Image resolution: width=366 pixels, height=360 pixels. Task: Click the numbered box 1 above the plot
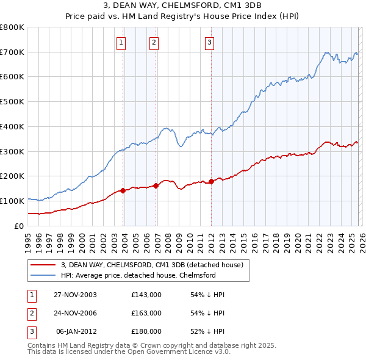pos(121,42)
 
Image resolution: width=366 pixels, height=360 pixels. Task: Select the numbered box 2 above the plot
pos(154,42)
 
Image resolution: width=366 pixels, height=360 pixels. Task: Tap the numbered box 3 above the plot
pos(209,42)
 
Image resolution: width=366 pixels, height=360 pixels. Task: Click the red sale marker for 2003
pos(123,190)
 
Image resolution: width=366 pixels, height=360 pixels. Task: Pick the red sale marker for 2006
pos(156,185)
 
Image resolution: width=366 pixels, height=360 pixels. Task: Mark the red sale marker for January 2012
pos(212,181)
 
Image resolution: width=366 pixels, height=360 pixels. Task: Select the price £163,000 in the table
pos(146,313)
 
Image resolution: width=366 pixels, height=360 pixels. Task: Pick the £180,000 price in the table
pos(146,331)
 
